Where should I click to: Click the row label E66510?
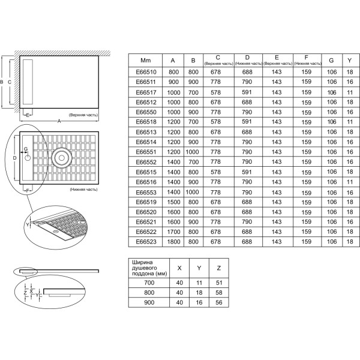146,72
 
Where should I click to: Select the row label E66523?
146,242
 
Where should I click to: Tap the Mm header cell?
146,61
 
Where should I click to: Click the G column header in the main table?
331,61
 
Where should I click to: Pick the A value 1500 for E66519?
173,202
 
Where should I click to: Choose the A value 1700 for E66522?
173,232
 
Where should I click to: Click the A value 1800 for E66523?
173,242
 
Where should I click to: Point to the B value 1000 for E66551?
193,152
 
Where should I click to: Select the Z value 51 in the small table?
219,283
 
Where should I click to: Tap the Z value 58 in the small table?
219,293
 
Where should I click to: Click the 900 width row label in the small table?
149,302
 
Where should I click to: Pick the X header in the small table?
179,268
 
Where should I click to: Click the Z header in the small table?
219,268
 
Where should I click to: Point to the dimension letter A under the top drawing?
59,121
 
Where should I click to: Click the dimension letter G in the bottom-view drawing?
26,149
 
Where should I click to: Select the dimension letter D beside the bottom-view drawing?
14,158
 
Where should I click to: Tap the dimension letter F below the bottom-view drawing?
28,191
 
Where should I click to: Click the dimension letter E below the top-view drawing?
28,115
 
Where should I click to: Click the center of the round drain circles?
62,158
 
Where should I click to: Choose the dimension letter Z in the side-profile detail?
25,293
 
